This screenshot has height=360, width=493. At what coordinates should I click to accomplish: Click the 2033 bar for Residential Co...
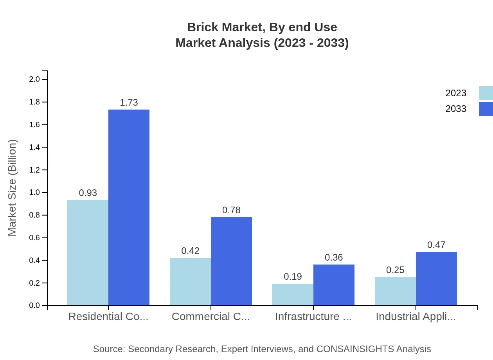click(129, 207)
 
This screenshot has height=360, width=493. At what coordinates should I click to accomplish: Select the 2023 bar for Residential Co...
click(88, 252)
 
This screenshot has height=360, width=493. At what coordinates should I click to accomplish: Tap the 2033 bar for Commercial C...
click(231, 261)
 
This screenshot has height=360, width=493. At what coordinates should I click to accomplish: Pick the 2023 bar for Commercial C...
click(190, 281)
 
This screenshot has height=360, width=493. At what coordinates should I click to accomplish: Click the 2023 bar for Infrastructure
click(293, 294)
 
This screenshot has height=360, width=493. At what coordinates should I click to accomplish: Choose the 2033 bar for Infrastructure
click(334, 285)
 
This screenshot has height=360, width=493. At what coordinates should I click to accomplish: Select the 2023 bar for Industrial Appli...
click(395, 291)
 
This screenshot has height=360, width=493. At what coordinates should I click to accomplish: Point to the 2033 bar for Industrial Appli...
click(436, 279)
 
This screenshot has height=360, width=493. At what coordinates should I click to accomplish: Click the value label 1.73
click(129, 103)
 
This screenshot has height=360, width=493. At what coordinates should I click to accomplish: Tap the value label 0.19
click(293, 277)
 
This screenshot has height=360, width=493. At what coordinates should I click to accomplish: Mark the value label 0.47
click(436, 245)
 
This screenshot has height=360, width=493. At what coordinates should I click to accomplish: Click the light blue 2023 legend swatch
click(486, 93)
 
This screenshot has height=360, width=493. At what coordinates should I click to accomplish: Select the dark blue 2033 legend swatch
click(486, 109)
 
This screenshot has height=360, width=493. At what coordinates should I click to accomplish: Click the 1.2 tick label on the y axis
click(34, 170)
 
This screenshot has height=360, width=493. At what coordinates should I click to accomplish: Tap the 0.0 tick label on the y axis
click(34, 306)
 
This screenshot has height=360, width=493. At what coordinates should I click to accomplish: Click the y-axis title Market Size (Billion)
click(13, 188)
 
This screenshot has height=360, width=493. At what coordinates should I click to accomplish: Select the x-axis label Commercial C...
click(211, 317)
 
